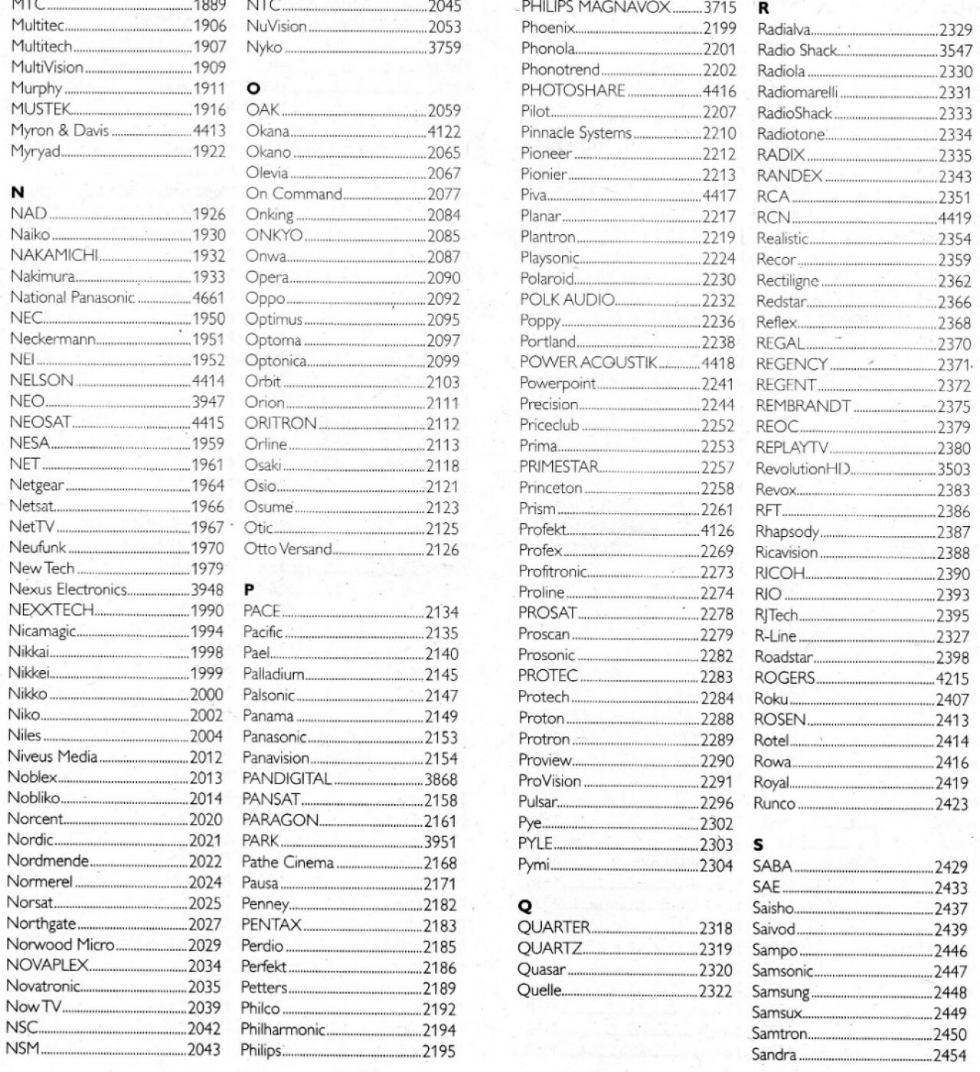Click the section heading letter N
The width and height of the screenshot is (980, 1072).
pos(17,192)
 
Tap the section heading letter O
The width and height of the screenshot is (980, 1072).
pos(253,89)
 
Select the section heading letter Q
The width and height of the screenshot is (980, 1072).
pos(525,906)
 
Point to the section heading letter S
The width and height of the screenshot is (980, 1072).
pos(758,845)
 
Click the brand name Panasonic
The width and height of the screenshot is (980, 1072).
pos(274,737)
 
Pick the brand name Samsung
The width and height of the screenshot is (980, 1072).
pos(780,992)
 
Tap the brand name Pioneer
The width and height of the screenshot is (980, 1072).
pos(546,153)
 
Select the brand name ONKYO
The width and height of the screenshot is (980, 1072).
pos(274,236)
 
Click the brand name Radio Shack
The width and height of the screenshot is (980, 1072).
pos(797,51)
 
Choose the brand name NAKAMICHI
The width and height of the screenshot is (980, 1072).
pos(54,255)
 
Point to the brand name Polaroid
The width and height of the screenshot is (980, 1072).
pos(547,279)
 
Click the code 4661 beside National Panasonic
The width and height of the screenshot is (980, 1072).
pos(208,298)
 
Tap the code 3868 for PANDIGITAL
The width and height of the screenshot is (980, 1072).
pos(441,779)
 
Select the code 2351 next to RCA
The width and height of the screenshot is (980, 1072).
pos(955,197)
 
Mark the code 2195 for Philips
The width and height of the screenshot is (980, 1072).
pos(439,1051)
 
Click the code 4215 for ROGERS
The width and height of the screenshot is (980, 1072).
pos(952,678)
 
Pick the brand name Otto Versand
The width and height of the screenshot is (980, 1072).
pos(287,549)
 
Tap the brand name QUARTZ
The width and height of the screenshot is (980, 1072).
pos(550,948)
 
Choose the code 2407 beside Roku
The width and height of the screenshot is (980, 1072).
pos(952,699)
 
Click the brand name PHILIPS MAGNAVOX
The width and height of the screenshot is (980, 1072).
pos(596,8)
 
